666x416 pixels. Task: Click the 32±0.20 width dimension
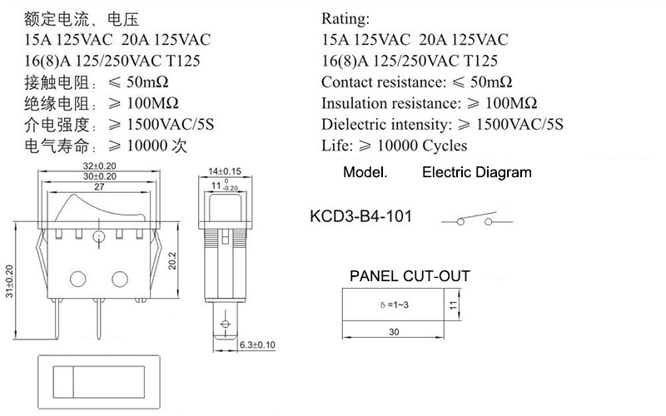[99, 166]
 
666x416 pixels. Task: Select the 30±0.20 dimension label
[99, 176]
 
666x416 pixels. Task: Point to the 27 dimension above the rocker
[99, 186]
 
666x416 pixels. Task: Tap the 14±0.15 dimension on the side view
[224, 171]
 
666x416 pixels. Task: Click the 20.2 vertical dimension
[172, 261]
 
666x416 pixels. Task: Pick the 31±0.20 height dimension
[9, 281]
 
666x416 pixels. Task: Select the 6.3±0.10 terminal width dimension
[257, 344]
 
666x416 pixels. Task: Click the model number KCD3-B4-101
[361, 216]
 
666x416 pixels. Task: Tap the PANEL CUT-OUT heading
[410, 276]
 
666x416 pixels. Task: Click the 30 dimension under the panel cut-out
[394, 332]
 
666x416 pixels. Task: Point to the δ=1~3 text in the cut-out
[395, 305]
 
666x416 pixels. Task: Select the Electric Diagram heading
[477, 172]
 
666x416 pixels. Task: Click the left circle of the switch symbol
[460, 221]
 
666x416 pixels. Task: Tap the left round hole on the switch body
[77, 279]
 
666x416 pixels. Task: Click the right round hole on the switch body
[120, 279]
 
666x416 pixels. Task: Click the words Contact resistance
[382, 82]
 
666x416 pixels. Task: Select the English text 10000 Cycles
[422, 146]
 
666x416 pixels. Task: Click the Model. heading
[365, 172]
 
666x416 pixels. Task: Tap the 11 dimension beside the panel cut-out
[454, 305]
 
